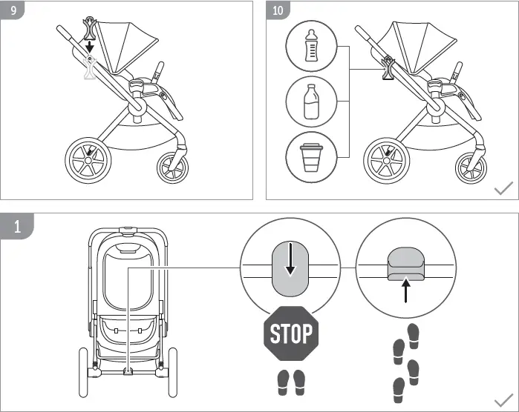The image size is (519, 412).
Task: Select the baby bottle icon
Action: [312, 47]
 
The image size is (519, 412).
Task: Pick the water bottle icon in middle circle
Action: [312, 102]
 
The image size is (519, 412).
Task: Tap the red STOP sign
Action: [290, 333]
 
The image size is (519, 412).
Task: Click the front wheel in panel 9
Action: [173, 167]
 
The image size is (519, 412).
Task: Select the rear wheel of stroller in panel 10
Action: [387, 159]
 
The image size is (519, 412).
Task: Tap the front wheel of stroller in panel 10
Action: [471, 167]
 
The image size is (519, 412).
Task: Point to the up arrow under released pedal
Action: [405, 291]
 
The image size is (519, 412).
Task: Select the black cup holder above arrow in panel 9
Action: [91, 24]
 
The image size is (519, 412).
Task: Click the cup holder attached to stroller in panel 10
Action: [388, 69]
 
